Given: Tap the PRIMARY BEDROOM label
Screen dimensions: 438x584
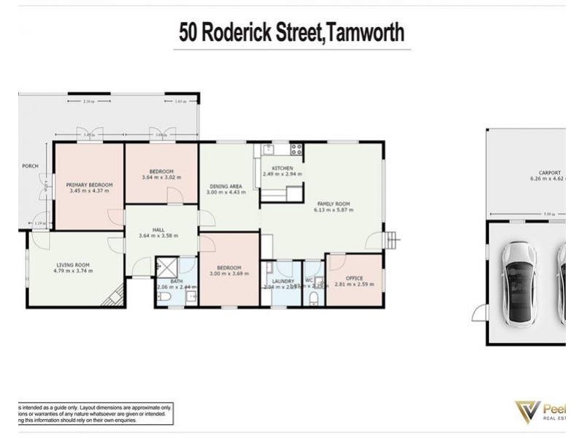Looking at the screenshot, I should (x=89, y=185).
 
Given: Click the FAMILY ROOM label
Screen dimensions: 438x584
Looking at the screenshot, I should (x=334, y=204).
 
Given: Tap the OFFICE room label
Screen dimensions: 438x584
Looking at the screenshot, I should (x=354, y=277).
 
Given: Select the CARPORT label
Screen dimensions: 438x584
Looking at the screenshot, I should (x=545, y=173).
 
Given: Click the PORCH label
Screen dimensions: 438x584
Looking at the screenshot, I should (x=30, y=166).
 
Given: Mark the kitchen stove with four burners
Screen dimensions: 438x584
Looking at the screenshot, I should (x=296, y=150).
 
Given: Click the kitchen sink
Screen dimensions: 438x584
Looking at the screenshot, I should (x=268, y=150).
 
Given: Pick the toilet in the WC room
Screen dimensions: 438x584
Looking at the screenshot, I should (x=313, y=298).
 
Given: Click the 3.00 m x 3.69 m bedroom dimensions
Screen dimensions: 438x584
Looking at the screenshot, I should (x=230, y=274).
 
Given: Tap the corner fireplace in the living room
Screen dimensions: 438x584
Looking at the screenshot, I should (x=114, y=297).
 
